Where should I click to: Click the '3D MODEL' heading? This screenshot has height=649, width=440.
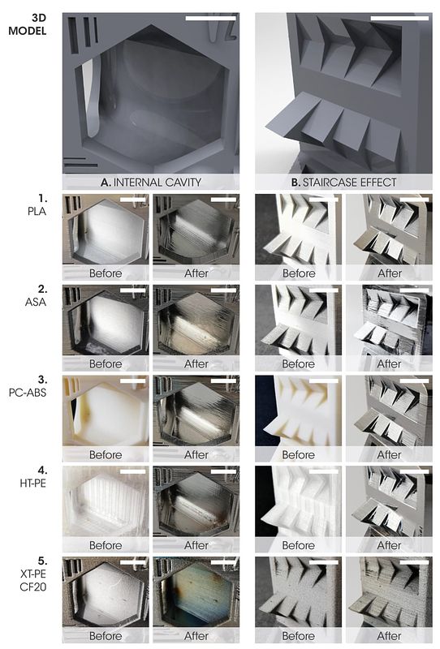(28, 24)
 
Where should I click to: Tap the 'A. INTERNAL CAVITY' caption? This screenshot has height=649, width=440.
(151, 182)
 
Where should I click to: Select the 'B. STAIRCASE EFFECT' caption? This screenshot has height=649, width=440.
(343, 182)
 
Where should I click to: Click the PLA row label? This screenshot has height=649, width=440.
(37, 204)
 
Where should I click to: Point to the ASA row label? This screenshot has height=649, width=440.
(36, 295)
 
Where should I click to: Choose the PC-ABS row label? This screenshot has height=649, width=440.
(28, 386)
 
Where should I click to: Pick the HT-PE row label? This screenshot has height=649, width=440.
(33, 476)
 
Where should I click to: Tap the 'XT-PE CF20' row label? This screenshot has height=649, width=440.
(33, 574)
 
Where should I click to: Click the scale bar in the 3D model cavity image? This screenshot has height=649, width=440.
(211, 18)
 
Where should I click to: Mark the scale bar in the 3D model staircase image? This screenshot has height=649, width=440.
(399, 18)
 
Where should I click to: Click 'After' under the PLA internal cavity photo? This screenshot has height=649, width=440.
(196, 273)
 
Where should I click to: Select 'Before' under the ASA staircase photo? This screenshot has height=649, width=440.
(298, 363)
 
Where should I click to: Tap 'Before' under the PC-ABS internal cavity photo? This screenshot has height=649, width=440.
(106, 454)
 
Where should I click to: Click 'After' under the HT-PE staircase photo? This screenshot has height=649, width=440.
(389, 545)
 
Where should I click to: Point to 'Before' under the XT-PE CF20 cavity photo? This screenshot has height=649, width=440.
(106, 636)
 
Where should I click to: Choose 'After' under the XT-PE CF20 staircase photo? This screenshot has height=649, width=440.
(389, 636)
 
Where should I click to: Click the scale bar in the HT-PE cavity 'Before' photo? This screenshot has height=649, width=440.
(133, 471)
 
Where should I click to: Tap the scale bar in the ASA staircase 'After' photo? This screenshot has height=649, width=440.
(414, 290)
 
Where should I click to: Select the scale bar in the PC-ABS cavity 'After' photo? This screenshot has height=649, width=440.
(223, 380)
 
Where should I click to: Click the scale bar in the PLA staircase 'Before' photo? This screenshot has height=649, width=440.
(324, 200)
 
